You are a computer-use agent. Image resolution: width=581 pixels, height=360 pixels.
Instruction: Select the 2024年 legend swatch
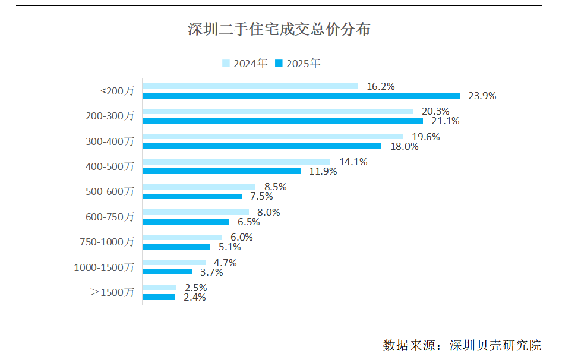[226, 63]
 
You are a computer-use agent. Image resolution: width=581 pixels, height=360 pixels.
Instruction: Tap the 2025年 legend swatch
[279, 63]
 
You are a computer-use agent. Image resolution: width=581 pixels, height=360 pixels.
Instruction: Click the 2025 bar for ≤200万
[301, 96]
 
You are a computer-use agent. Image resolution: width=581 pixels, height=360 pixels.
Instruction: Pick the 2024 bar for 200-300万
[278, 111]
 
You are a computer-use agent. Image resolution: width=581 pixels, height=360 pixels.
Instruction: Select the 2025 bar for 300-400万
[262, 146]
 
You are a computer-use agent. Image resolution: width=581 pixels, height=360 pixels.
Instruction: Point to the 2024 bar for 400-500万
[236, 162]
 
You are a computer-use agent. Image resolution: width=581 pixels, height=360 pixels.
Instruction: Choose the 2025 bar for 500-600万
[192, 196]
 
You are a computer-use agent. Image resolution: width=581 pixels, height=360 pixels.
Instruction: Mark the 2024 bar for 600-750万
[196, 212]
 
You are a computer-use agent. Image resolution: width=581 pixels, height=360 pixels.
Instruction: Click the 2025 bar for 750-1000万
[176, 247]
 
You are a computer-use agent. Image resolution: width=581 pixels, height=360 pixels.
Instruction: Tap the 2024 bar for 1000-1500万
[174, 262]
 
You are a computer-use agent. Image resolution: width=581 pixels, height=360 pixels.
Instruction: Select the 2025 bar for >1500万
[159, 297]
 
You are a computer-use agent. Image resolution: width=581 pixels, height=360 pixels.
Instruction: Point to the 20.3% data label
[435, 111]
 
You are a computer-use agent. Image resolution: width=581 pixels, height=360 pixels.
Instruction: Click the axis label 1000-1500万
[104, 267]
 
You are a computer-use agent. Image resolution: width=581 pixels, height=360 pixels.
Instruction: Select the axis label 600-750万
[110, 217]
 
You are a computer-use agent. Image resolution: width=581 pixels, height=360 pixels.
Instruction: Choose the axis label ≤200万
[117, 91]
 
